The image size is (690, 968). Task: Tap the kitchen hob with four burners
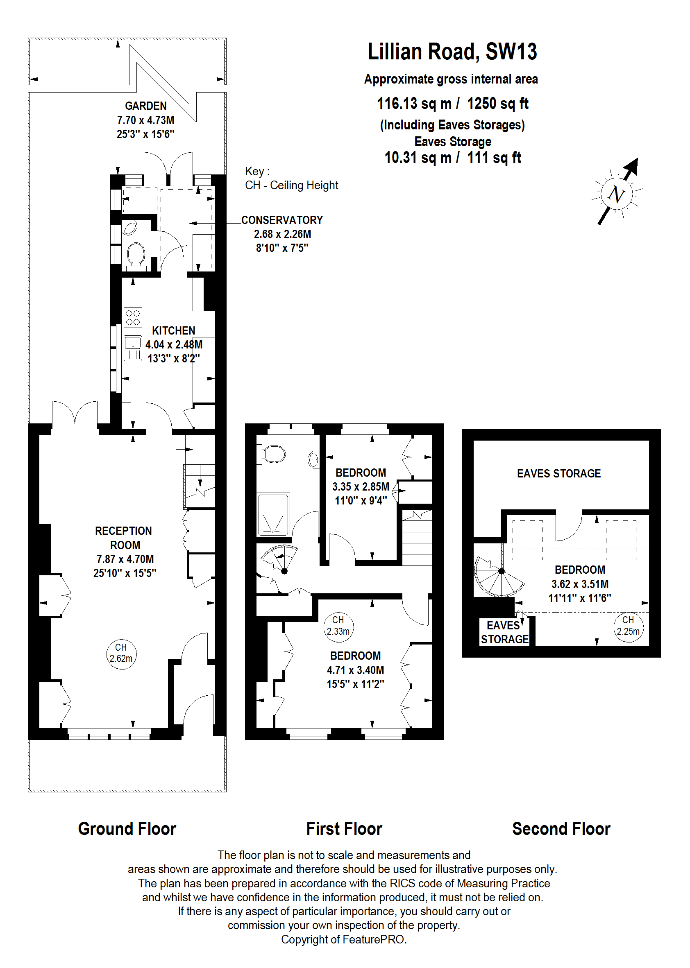coord(133,318)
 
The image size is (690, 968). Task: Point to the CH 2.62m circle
coord(121,654)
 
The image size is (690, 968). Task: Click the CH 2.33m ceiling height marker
coord(338,626)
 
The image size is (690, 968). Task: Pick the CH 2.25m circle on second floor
coord(629,626)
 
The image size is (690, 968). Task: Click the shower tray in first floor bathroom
coord(273,514)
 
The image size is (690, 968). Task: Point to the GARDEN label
coord(146,106)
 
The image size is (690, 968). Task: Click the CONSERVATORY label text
coord(282,220)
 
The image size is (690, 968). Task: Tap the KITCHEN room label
coord(174,331)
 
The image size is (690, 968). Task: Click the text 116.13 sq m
coord(414,104)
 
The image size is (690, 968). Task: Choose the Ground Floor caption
coord(127,829)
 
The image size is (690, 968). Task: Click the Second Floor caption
coord(561,829)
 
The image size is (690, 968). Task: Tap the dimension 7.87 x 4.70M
coord(125,559)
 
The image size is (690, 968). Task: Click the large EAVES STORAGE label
coord(559,473)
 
